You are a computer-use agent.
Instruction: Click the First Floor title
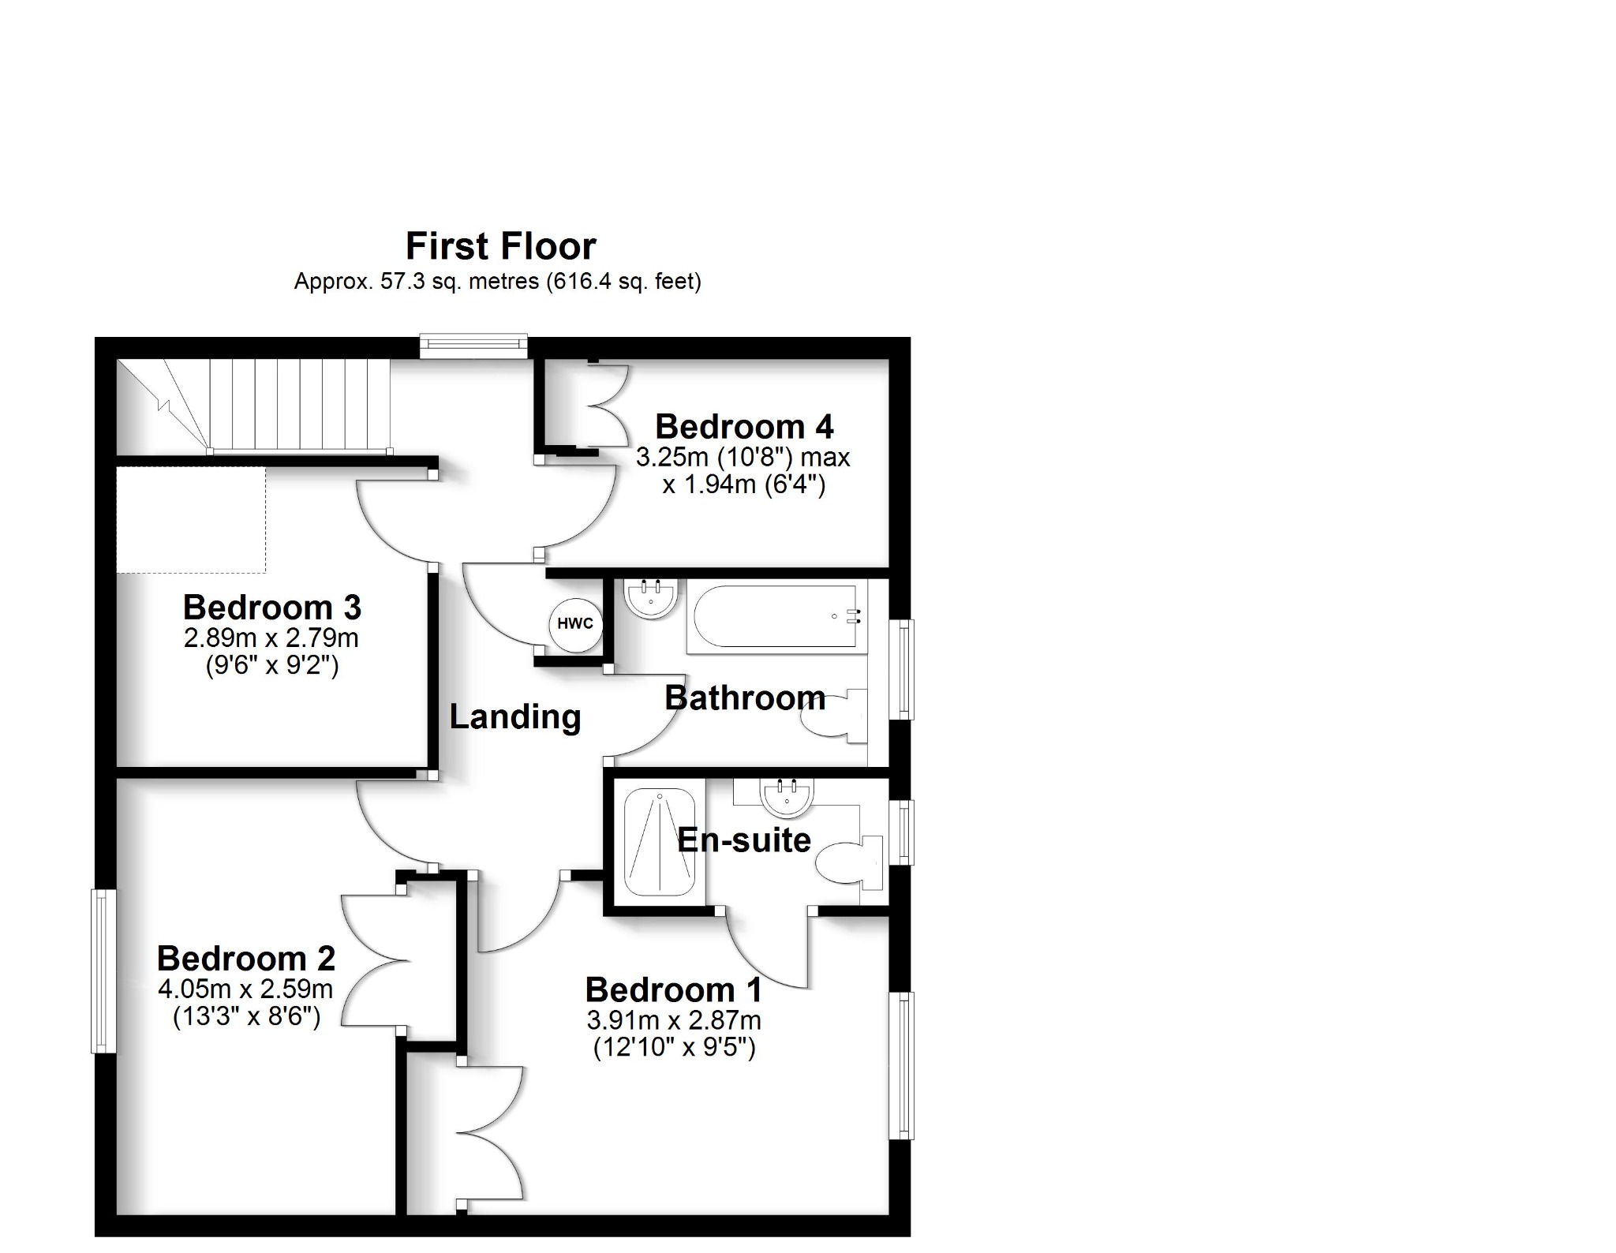[x=500, y=246]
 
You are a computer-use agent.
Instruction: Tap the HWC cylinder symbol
[x=575, y=624]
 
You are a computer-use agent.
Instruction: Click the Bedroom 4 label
[x=743, y=427]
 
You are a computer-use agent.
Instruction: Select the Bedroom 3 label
[x=271, y=608]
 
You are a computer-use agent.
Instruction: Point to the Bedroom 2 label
[x=246, y=959]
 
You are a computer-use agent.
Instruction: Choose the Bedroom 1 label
[x=673, y=989]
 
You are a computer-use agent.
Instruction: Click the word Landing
[x=515, y=716]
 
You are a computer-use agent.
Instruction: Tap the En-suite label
[x=743, y=840]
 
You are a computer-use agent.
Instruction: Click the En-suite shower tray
[x=660, y=843]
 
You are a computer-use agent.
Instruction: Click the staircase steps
[x=300, y=406]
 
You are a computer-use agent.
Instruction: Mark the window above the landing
[x=473, y=346]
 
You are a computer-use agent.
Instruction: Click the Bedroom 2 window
[x=103, y=971]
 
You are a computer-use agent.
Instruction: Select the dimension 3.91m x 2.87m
[x=673, y=1021]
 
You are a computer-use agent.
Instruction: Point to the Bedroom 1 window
[x=901, y=1065]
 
